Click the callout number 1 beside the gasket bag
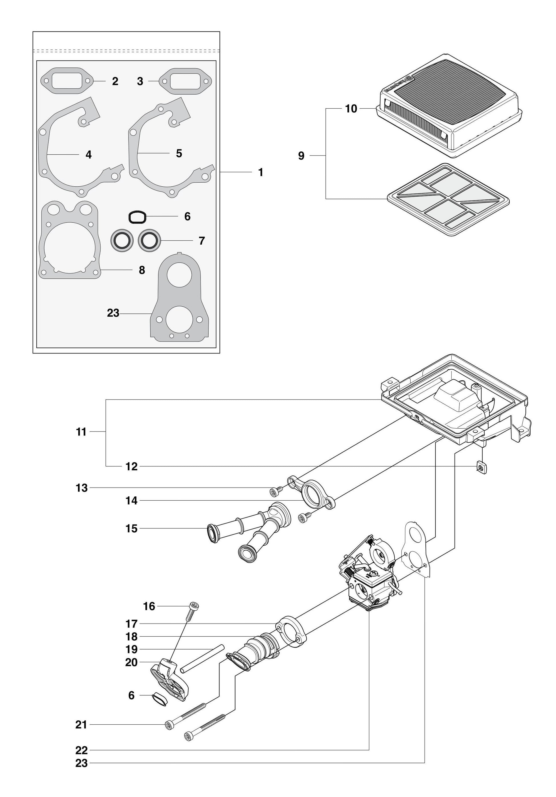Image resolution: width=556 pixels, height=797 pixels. click(x=260, y=173)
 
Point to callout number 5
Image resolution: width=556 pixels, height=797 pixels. click(x=179, y=153)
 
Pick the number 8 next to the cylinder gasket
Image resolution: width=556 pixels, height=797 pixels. click(x=142, y=270)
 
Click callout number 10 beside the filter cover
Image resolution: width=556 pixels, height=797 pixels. click(x=351, y=109)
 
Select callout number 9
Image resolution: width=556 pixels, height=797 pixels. click(x=301, y=156)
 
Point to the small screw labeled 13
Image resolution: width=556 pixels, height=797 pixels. click(x=273, y=491)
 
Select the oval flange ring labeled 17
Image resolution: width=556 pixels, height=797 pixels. click(x=291, y=632)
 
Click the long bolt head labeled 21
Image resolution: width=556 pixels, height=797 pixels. click(x=168, y=724)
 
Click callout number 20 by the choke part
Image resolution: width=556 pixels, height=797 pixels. click(x=131, y=663)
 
